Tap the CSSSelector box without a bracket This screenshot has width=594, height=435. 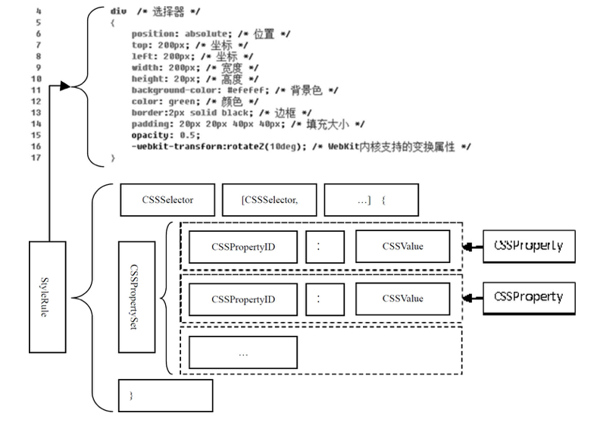point(167,201)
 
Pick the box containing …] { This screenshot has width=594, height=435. point(370,201)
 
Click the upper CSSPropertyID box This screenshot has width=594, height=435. point(244,246)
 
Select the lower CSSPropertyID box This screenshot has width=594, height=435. point(244,299)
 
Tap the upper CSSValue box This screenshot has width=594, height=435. point(402,246)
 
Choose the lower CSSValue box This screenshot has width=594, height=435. point(402,299)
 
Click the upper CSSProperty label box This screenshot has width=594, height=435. point(528,247)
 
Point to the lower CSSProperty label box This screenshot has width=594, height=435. point(528,297)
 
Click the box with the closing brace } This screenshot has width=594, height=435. point(165,395)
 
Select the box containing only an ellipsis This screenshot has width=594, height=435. point(242,352)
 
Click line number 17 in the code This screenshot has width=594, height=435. point(38,158)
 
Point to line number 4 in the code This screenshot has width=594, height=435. point(38,11)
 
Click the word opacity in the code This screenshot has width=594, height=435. point(148,134)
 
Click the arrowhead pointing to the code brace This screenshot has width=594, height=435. point(64,86)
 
